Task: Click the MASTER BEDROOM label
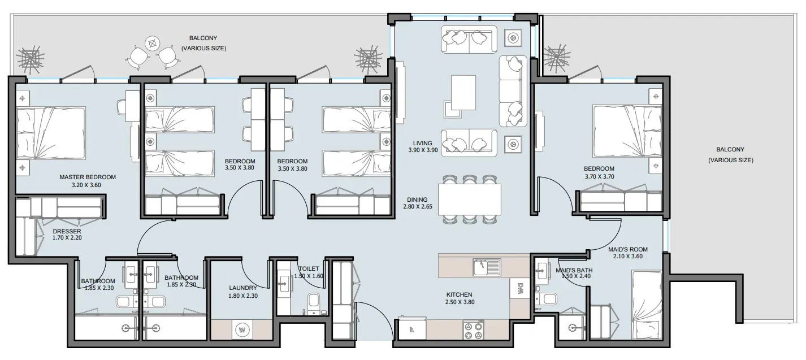click(x=88, y=177)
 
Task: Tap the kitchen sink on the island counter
click(x=487, y=267)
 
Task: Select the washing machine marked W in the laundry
click(x=242, y=330)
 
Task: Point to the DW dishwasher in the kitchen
click(x=520, y=288)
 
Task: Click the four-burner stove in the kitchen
click(x=473, y=330)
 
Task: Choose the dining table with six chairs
click(x=470, y=199)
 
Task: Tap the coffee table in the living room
click(x=463, y=93)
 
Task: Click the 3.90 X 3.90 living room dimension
click(x=423, y=150)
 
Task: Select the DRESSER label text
click(x=67, y=231)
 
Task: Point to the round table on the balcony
click(x=153, y=44)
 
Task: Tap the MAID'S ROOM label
click(x=628, y=250)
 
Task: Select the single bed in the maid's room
click(x=647, y=305)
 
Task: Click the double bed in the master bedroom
click(x=51, y=133)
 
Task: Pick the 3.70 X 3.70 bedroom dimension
click(x=599, y=176)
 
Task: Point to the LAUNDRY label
click(x=243, y=288)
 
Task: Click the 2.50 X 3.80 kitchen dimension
click(x=460, y=302)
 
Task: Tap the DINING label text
click(x=417, y=200)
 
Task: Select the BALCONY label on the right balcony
click(x=730, y=150)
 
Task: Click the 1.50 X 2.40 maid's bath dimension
click(x=576, y=276)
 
